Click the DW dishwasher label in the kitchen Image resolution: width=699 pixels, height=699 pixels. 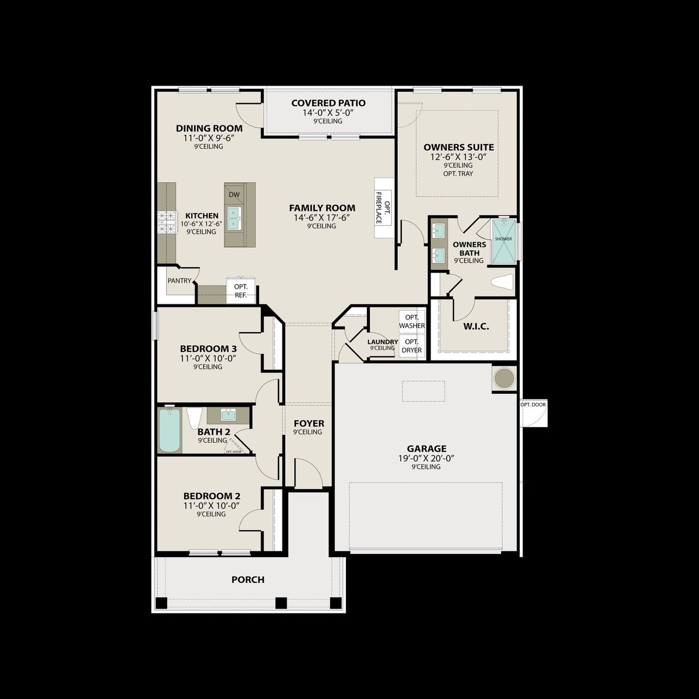[234, 195]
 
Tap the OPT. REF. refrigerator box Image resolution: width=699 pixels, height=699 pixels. [241, 291]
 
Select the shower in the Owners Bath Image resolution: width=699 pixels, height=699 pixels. [503, 241]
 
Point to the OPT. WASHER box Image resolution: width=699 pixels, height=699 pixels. [412, 322]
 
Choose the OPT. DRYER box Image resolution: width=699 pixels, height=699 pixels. [412, 346]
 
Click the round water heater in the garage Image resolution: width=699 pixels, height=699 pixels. [503, 378]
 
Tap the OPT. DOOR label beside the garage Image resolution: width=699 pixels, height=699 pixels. [533, 405]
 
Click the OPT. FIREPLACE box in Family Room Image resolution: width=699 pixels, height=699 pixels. [383, 208]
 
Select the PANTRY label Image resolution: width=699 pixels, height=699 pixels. [180, 281]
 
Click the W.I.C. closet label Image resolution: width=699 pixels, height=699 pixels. [476, 327]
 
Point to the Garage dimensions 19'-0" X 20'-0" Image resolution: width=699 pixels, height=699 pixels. [426, 459]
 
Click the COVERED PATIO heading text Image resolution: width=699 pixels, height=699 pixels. [328, 103]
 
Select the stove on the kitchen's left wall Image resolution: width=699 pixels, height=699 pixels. [164, 222]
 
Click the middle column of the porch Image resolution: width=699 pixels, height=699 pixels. [281, 603]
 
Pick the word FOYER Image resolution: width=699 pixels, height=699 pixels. [309, 423]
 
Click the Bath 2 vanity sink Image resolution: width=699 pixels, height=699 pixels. [228, 415]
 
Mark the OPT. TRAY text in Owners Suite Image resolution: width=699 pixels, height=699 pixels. [458, 174]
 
